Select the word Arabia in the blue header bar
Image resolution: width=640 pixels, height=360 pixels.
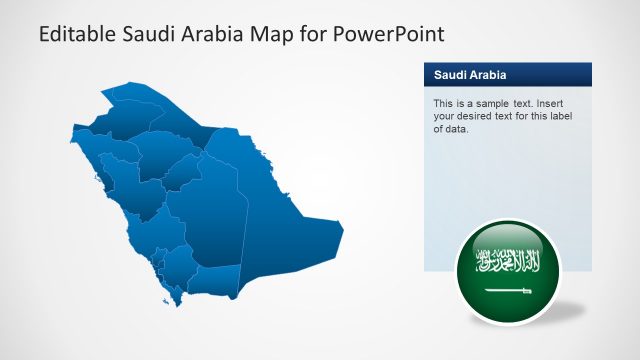point(487,75)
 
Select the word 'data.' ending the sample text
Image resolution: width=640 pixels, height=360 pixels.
point(455,129)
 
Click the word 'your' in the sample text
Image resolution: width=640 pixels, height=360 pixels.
point(443,116)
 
